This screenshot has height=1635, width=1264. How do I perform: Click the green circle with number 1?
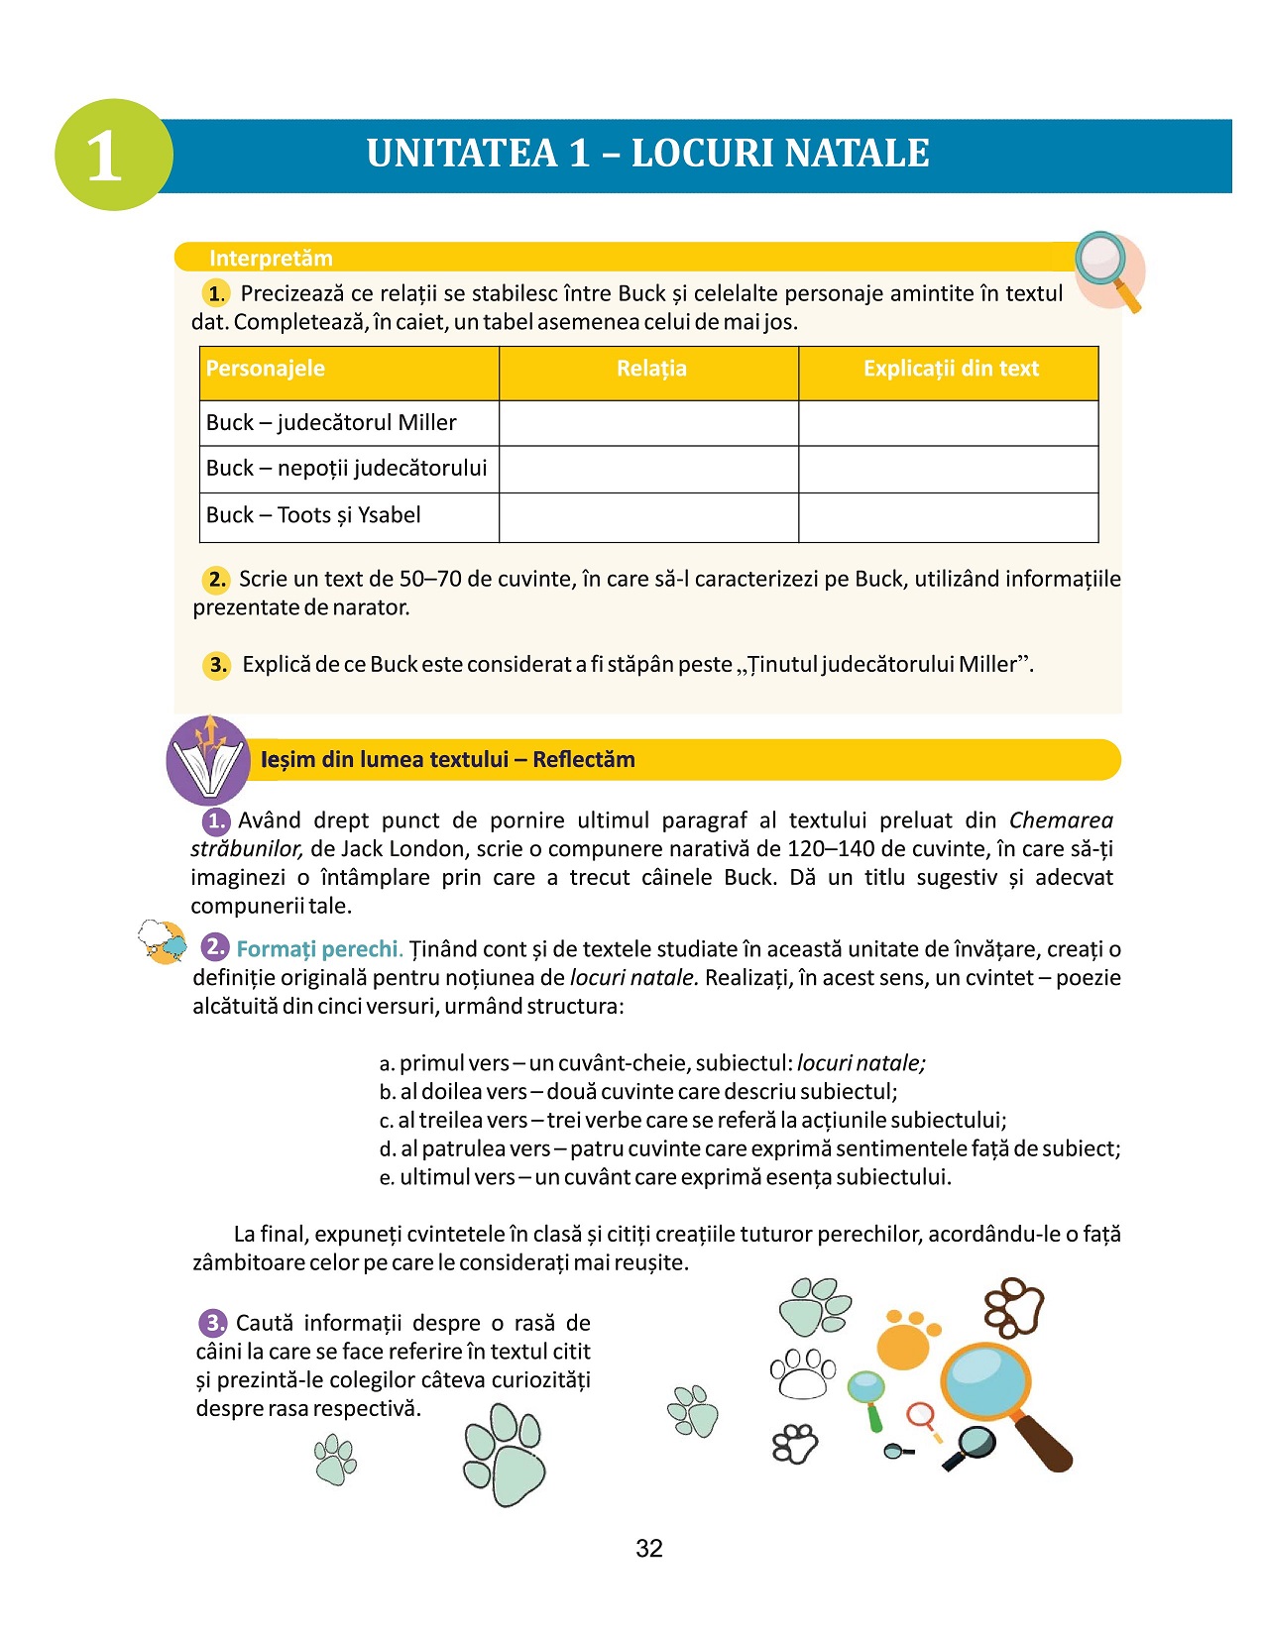[113, 155]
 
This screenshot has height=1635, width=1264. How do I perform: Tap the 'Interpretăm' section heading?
[271, 259]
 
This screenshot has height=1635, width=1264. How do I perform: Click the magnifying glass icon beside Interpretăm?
[1107, 269]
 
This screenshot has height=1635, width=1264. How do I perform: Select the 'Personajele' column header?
[266, 369]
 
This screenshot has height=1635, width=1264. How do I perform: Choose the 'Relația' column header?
[650, 369]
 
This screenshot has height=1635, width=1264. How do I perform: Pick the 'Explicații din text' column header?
[950, 369]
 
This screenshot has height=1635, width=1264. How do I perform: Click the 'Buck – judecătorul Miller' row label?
[331, 423]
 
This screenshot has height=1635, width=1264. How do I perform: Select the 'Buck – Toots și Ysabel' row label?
[313, 515]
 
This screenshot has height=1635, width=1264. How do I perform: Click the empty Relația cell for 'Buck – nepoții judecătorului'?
[648, 469]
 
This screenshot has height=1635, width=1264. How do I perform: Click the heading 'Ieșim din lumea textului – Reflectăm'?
[447, 760]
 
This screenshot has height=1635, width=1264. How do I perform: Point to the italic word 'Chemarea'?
[1061, 820]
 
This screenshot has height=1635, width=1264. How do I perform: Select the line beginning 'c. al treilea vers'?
[692, 1121]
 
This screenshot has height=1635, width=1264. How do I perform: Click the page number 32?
[649, 1549]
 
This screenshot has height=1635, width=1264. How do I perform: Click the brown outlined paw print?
[1014, 1307]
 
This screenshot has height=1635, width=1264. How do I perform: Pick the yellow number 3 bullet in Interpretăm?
[217, 665]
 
